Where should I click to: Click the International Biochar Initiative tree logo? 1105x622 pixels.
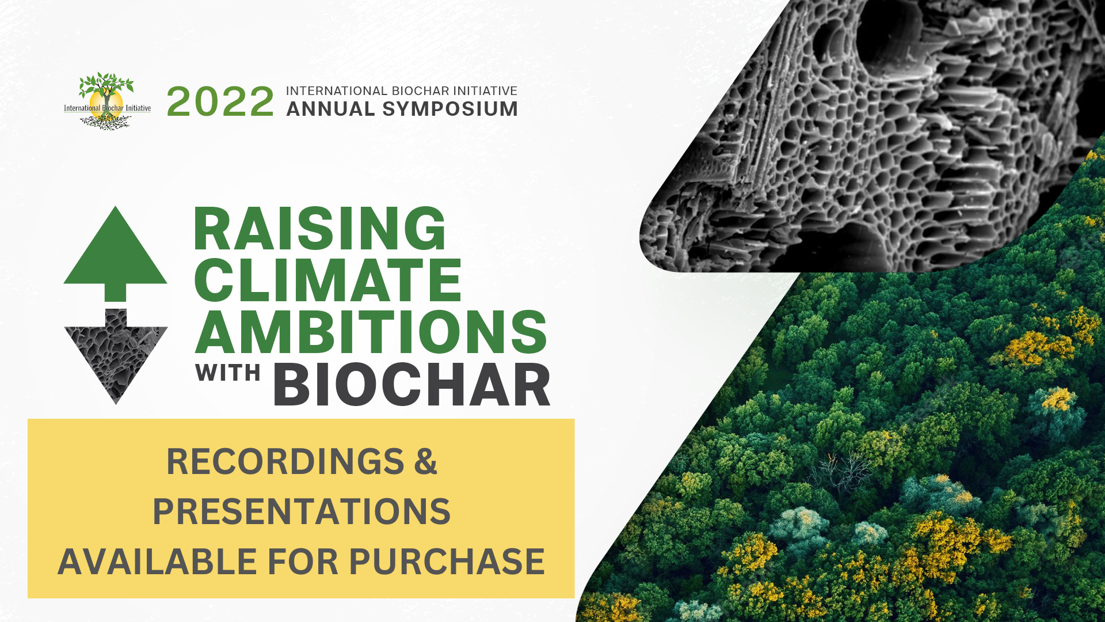pos(107,101)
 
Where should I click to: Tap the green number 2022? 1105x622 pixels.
pos(220,102)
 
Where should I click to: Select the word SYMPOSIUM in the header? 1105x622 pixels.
pos(450,109)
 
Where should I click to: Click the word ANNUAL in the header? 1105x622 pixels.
pos(330,109)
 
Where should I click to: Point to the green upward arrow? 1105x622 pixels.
pos(115,253)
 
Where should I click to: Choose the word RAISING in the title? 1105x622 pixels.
pos(319,229)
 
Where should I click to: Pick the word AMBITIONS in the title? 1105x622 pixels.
pos(371,332)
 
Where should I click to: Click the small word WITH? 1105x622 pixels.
pos(228,373)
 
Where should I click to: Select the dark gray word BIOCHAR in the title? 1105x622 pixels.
pos(412,385)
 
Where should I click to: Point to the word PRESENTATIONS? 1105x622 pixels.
pos(302,511)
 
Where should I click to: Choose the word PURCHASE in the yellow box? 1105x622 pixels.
pos(447,562)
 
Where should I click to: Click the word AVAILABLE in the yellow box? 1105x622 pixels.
pos(157,562)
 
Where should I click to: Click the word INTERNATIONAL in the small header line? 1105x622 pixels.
pos(337,91)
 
